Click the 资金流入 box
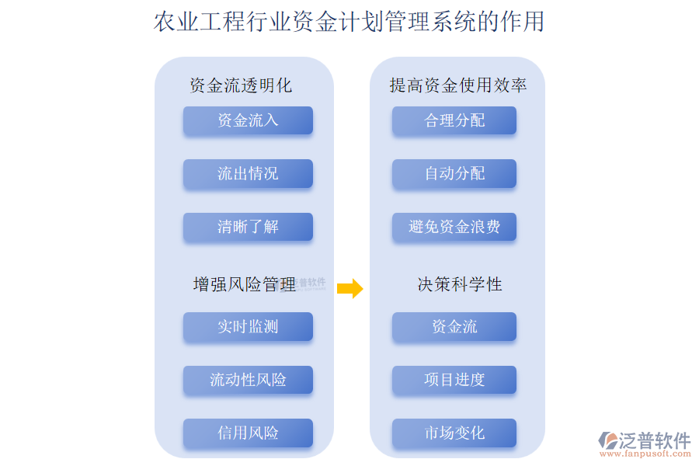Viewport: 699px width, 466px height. point(248,120)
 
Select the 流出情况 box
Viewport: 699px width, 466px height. point(248,173)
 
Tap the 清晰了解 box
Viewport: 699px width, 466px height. point(248,227)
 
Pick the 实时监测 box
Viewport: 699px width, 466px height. point(248,327)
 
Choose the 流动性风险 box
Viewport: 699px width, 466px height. point(248,380)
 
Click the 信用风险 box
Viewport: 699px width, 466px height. point(248,433)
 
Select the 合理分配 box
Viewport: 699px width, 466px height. point(454,120)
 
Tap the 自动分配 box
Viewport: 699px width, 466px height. point(454,173)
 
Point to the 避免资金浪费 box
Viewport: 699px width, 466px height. point(454,227)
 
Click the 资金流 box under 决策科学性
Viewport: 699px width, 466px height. point(454,327)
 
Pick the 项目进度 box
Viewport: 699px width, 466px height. point(454,380)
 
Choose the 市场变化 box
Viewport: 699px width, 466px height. point(454,433)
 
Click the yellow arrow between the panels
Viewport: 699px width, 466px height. point(350,288)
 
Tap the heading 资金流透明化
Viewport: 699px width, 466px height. point(241,85)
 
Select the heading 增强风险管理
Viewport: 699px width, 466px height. point(244,285)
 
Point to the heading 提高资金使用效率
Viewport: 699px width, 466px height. point(458,85)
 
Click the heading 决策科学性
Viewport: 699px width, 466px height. point(460,285)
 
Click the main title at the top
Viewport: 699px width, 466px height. point(349,22)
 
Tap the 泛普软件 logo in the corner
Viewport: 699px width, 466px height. point(645,440)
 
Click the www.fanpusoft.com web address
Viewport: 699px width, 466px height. point(650,456)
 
